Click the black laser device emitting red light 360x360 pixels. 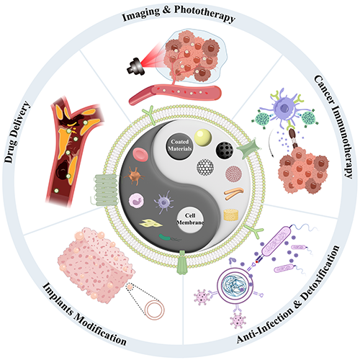click(136, 66)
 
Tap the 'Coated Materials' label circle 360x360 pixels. click(179, 145)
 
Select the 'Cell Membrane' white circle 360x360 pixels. click(190, 220)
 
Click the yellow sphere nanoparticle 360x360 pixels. click(203, 138)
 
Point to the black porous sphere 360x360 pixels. click(225, 150)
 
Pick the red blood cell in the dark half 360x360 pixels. click(140, 154)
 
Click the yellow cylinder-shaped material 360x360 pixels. click(231, 215)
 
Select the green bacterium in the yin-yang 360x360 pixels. click(165, 238)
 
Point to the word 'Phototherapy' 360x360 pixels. click(204, 14)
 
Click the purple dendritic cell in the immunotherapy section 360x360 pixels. click(284, 108)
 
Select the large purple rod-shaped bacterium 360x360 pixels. click(276, 241)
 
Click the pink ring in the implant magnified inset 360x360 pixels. click(155, 310)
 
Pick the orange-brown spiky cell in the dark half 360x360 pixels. click(136, 176)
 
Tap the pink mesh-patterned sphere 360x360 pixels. click(234, 174)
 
